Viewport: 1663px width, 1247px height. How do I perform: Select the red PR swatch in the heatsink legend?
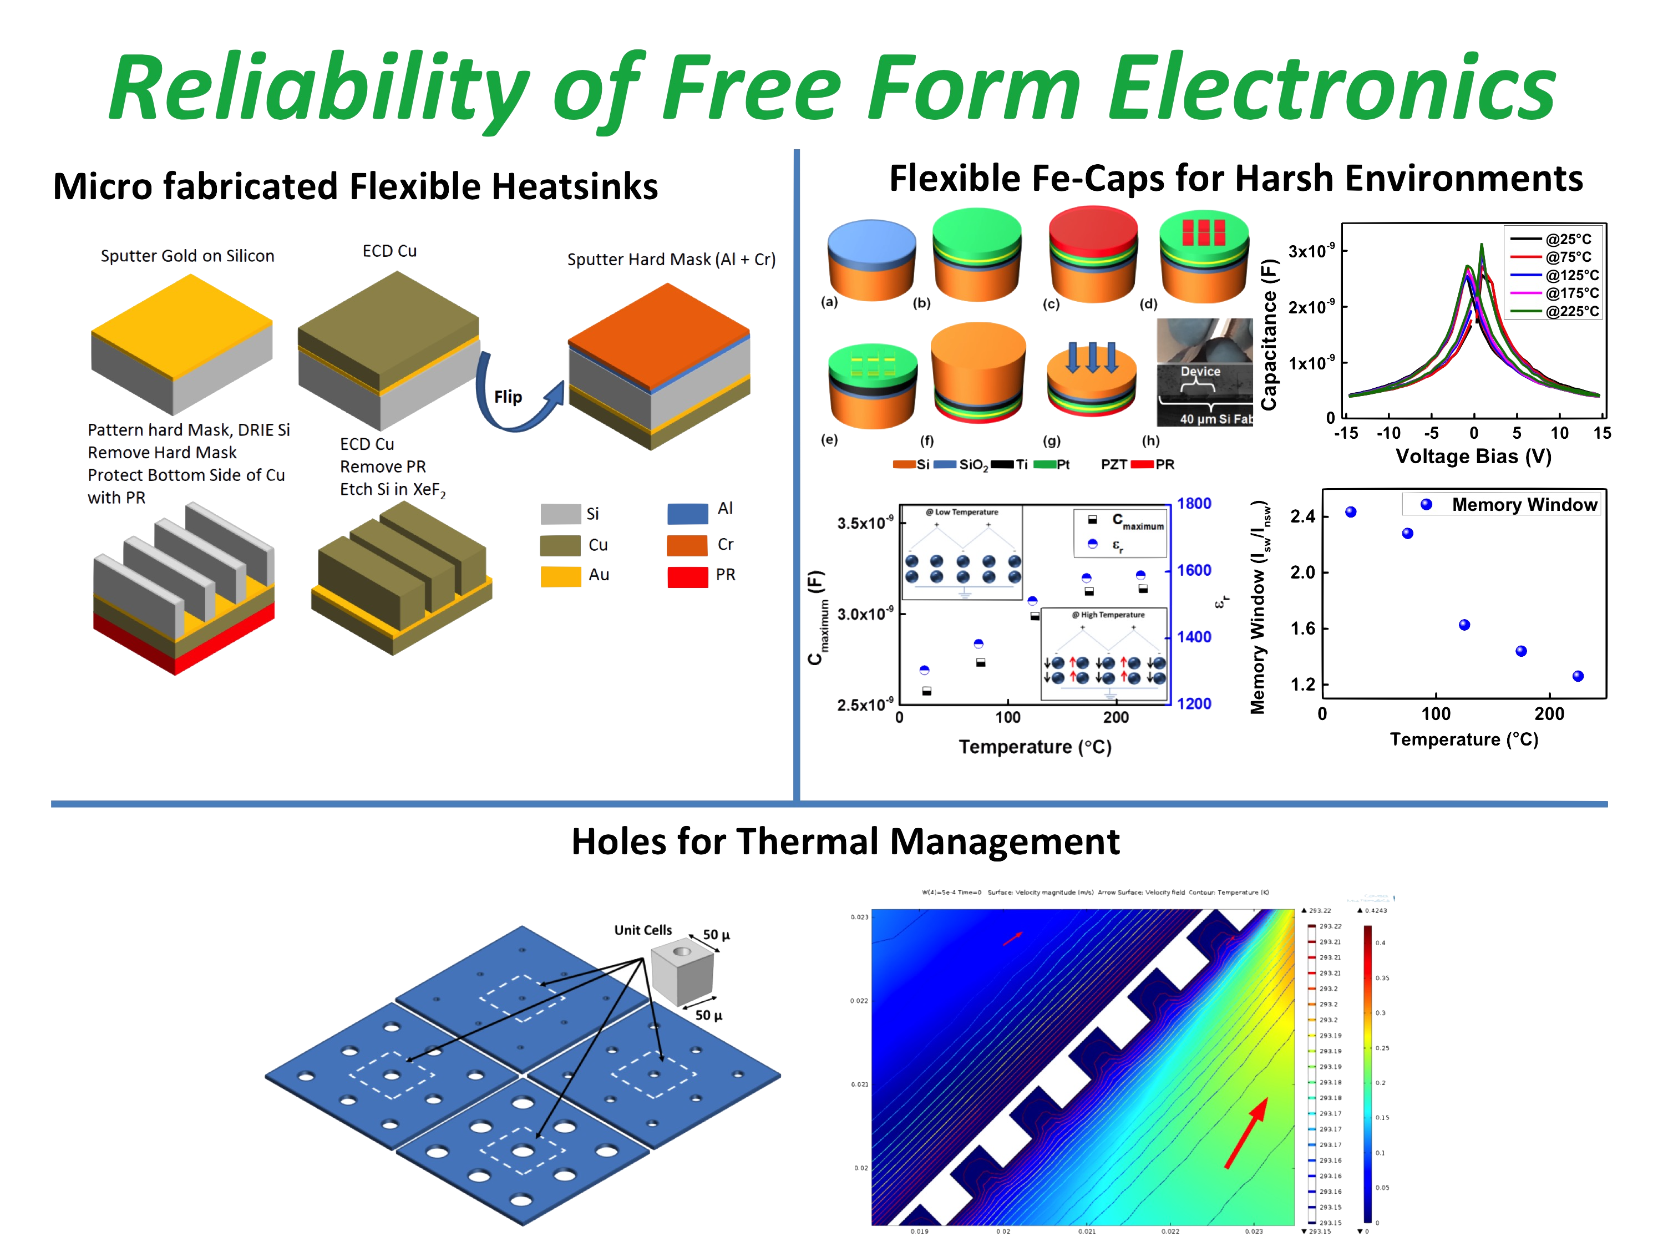click(x=687, y=576)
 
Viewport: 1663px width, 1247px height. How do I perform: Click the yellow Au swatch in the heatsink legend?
click(x=560, y=576)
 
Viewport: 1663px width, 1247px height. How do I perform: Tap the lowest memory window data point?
click(x=1578, y=676)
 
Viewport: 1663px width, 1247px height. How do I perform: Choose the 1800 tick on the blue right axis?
click(x=1194, y=504)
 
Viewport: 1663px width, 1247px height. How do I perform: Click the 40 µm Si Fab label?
click(x=1215, y=419)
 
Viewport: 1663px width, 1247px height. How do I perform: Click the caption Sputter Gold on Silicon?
click(x=188, y=256)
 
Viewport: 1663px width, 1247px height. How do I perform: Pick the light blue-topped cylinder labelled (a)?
click(x=871, y=259)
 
